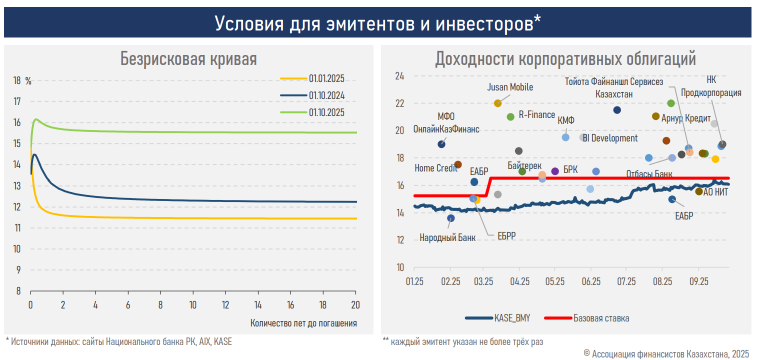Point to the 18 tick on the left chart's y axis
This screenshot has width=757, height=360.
pos(17,81)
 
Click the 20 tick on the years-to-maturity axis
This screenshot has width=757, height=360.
pos(355,304)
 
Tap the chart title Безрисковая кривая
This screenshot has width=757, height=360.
pos(188,59)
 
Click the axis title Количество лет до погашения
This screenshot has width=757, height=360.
pos(303,323)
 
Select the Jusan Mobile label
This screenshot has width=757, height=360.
pos(510,87)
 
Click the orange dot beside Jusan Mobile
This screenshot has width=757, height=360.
pos(497,103)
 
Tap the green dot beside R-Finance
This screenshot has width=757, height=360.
pos(510,116)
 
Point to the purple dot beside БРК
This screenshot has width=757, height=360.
pos(555,171)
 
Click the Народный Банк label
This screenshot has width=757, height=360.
pos(447,237)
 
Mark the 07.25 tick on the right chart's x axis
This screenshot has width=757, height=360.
pos(626,282)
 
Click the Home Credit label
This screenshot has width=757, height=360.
pos(436,168)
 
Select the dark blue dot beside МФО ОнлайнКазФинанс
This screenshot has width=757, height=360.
pos(441,144)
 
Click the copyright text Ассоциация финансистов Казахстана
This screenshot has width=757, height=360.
pos(659,353)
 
